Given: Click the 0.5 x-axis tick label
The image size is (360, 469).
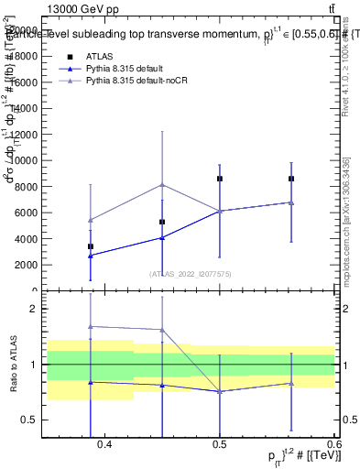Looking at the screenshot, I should (220, 444).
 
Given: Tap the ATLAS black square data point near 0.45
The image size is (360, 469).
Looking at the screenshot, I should (162, 222).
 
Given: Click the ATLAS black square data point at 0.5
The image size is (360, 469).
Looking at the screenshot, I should (220, 179).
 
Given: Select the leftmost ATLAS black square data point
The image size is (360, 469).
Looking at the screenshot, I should (91, 246).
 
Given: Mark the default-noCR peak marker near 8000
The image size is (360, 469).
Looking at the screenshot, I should (162, 185).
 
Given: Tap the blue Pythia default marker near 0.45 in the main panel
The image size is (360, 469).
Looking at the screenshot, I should (162, 237).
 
